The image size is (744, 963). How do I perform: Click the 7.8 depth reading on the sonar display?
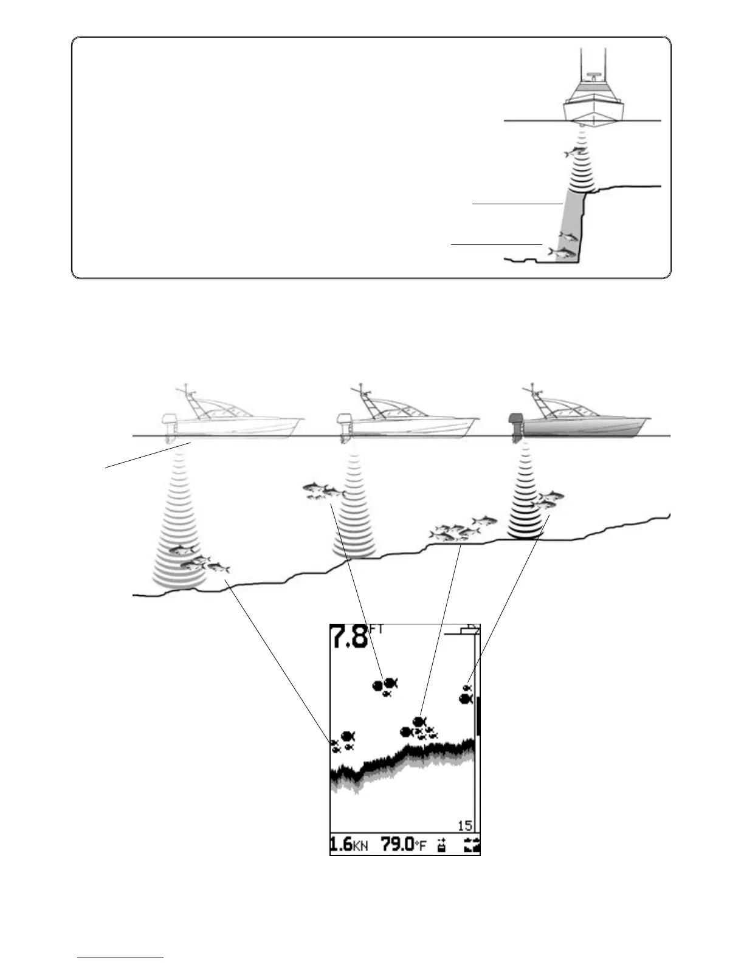pos(349,638)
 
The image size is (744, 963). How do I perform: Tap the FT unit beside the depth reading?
pos(376,630)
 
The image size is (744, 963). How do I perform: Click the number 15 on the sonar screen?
pos(464,826)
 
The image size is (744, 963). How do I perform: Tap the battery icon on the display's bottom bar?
pos(441,845)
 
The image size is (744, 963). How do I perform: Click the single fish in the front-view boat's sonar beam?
pos(574,152)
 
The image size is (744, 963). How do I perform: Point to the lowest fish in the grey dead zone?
pos(562,251)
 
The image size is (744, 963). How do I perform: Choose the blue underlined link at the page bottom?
pos(121,958)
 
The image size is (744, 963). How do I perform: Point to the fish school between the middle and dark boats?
pos(462,529)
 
